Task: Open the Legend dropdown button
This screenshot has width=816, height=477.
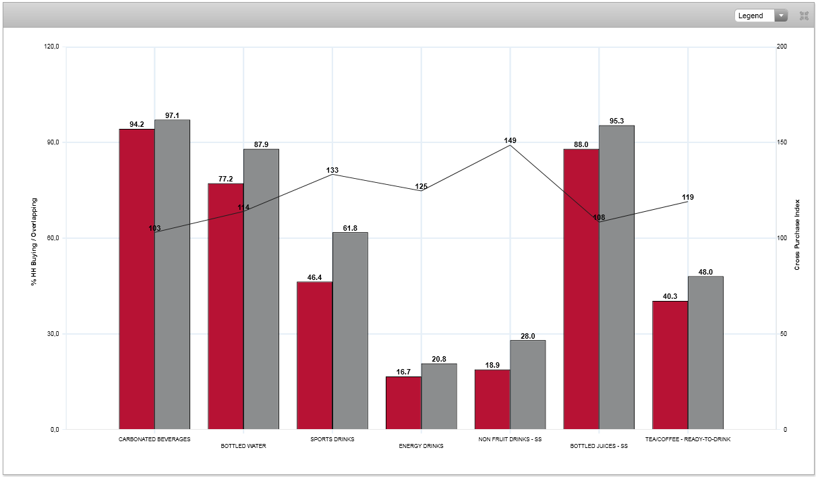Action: pos(761,16)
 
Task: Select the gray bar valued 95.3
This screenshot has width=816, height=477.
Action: pos(616,277)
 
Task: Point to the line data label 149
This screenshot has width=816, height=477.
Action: pos(510,140)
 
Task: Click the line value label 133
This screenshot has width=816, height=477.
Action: pos(332,170)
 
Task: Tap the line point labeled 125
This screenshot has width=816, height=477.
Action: pos(421,186)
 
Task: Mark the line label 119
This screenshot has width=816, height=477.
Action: pos(688,197)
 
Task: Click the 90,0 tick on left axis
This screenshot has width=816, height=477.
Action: pos(51,142)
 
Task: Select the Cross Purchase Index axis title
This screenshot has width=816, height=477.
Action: pos(797,235)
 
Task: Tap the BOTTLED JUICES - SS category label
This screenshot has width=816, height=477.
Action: pos(599,446)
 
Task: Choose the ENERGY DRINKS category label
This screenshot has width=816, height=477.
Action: pos(421,446)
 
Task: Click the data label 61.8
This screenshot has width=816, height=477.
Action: pos(350,228)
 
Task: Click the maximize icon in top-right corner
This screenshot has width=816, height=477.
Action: pos(804,16)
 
